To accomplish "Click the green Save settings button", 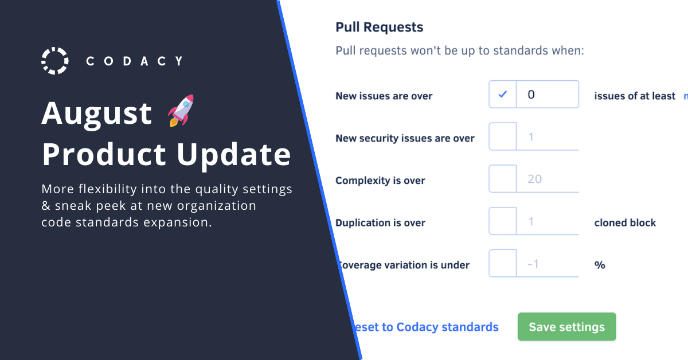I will [x=566, y=327].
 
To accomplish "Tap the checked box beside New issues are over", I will [x=503, y=95].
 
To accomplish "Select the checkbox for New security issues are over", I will [x=503, y=137].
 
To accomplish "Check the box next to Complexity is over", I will [x=503, y=179].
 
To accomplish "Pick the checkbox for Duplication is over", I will [x=503, y=221].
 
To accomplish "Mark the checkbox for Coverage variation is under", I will [x=503, y=264].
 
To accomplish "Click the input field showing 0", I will [x=547, y=95].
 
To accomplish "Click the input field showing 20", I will [x=547, y=179].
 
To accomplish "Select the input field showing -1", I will [x=547, y=264].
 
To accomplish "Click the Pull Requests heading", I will [x=379, y=27].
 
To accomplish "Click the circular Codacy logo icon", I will [x=55, y=61].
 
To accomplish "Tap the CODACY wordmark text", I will [x=134, y=61].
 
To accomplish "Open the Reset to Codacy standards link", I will [x=427, y=327].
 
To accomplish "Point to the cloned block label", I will [x=625, y=222].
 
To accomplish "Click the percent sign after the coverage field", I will [x=600, y=265].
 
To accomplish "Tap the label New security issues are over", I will [x=405, y=138].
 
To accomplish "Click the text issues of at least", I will [x=635, y=96].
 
